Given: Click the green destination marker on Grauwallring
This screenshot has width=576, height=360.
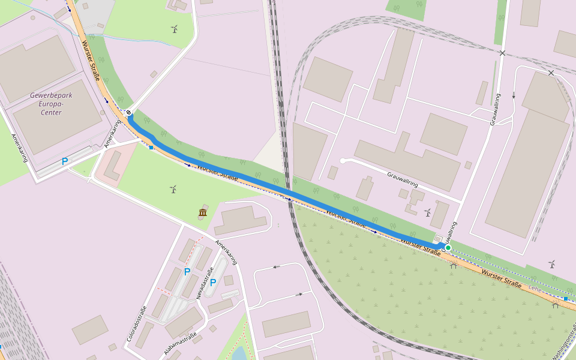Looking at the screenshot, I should click(448, 247).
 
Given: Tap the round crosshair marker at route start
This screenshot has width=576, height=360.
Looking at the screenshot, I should click(128, 112).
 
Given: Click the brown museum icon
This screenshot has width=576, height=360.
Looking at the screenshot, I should click(202, 213).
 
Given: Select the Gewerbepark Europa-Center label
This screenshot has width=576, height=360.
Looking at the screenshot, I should click(47, 104).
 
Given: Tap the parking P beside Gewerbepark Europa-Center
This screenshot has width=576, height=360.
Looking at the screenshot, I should click(65, 161).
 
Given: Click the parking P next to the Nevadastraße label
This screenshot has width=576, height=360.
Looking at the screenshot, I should click(212, 282).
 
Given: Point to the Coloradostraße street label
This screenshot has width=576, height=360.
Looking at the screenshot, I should click(137, 325).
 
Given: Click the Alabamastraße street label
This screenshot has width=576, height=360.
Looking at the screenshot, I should click(180, 344).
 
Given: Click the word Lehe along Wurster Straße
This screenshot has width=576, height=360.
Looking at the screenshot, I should click(535, 289).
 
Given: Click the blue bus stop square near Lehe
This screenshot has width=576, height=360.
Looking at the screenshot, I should click(565, 298).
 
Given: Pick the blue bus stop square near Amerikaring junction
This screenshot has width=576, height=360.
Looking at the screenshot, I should click(151, 148).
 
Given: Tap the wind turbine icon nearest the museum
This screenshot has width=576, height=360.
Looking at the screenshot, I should click(173, 190).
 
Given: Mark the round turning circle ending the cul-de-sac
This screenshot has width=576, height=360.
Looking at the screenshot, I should click(343, 161).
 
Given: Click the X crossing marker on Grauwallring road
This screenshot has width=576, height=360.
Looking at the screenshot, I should click(502, 53).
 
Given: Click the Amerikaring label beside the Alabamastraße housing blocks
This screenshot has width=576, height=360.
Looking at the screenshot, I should click(227, 252).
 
